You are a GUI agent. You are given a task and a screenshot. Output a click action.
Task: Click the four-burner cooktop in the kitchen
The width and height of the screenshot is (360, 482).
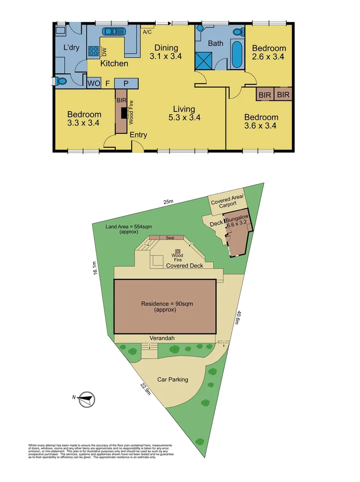(x=94, y=51)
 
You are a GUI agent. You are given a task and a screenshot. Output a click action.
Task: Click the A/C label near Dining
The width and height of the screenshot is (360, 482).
(x=147, y=32)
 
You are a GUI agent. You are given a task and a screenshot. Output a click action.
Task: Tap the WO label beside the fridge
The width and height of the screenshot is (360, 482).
(x=94, y=83)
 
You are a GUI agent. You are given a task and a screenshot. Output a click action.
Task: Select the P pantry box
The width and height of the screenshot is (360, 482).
(x=126, y=83)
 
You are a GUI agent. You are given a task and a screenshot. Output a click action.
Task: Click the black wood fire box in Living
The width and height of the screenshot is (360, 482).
(x=124, y=113)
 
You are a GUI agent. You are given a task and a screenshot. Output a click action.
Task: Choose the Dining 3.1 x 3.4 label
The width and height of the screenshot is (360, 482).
(x=166, y=52)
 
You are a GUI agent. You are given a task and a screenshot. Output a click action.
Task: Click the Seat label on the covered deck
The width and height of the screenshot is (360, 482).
(x=170, y=238)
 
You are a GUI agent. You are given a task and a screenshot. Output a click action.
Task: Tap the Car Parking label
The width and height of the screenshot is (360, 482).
(x=172, y=380)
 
